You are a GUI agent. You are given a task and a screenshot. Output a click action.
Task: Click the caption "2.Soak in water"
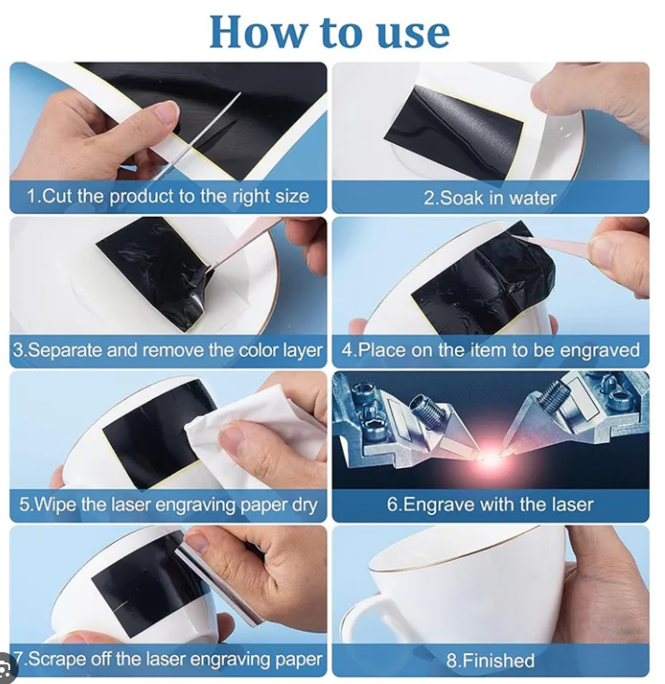pos(490,198)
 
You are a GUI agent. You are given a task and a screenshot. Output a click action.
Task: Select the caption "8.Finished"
pos(490,661)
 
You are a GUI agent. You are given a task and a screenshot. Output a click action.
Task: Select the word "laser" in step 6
pos(573,505)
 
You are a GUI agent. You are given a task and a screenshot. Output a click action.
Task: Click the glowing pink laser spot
pos(491,461)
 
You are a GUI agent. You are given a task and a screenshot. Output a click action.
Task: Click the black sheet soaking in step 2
pos(454,131)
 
